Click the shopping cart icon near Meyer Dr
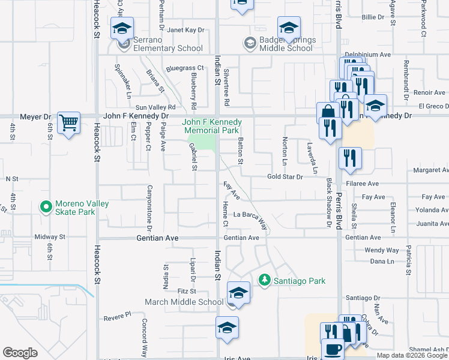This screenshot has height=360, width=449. pos(69,123)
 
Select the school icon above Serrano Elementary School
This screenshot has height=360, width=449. pos(122,28)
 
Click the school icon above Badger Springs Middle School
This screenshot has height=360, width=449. pos(289,27)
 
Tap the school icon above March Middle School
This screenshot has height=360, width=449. pos(238,292)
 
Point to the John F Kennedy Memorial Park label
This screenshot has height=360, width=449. pos(212,126)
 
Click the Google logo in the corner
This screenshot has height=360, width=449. pos(20,353)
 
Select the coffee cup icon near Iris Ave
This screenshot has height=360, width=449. pos(333,349)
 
